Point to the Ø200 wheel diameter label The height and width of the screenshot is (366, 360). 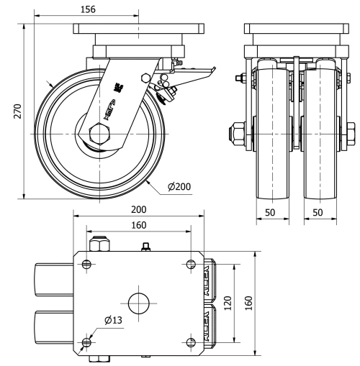179,187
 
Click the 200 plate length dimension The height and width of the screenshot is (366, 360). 139,209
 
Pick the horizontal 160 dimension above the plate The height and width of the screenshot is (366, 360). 139,224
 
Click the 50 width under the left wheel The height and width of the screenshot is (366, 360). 271,214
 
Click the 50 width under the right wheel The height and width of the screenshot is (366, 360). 318,214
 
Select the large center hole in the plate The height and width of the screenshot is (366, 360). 139,302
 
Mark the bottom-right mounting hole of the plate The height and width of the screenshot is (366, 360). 190,341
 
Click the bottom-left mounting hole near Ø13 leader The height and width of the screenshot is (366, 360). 87,341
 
